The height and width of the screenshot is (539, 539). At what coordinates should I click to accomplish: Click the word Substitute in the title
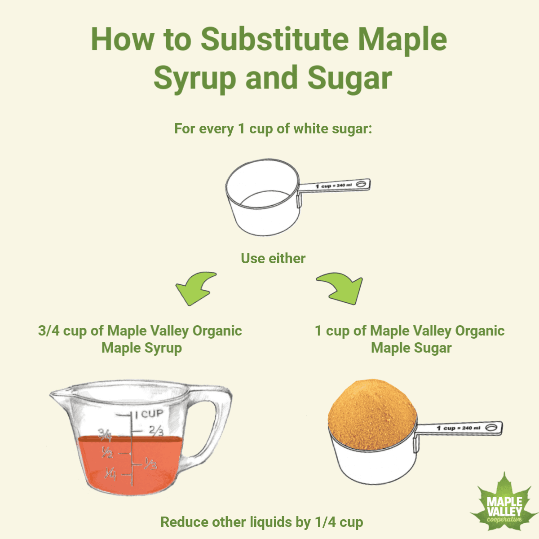274,39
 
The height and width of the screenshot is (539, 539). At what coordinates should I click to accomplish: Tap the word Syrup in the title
194,79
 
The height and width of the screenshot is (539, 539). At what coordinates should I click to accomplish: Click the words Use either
273,258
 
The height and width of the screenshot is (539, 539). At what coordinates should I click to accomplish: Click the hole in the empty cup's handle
361,184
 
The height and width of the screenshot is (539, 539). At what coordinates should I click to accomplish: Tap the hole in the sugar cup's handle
492,428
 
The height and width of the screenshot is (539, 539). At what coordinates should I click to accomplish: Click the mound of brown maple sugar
372,414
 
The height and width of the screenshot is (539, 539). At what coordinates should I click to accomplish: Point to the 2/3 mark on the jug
156,430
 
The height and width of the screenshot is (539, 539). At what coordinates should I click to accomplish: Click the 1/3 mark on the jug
150,464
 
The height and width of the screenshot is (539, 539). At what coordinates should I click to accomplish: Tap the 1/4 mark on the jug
110,473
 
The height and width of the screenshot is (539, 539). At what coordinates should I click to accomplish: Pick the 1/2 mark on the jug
107,452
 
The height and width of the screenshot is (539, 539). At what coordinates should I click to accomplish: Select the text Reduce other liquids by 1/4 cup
261,522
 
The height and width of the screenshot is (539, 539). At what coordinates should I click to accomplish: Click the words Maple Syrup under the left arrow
141,348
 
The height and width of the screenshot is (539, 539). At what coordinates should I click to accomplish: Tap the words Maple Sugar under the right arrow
411,348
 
